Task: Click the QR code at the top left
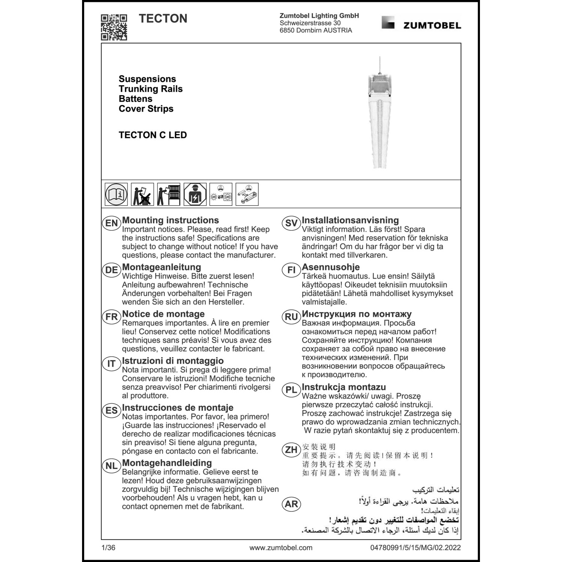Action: click(x=114, y=27)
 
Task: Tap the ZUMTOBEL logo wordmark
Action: click(x=432, y=25)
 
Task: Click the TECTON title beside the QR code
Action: click(x=163, y=19)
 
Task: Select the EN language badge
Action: click(x=112, y=223)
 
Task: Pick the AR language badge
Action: click(x=291, y=504)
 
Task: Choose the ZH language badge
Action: click(x=291, y=450)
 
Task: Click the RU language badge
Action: click(x=291, y=317)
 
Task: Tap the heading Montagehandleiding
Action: click(x=167, y=463)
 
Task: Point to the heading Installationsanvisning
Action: click(x=350, y=220)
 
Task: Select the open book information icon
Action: click(x=116, y=194)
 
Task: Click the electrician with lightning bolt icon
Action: click(x=195, y=194)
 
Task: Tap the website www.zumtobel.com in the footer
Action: click(x=281, y=548)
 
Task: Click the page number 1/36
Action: click(x=108, y=548)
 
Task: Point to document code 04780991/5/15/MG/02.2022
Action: click(x=416, y=548)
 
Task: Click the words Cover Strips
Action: click(x=146, y=109)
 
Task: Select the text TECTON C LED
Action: click(x=152, y=135)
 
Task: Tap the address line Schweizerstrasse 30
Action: click(x=310, y=23)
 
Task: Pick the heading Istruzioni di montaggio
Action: click(x=173, y=361)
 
